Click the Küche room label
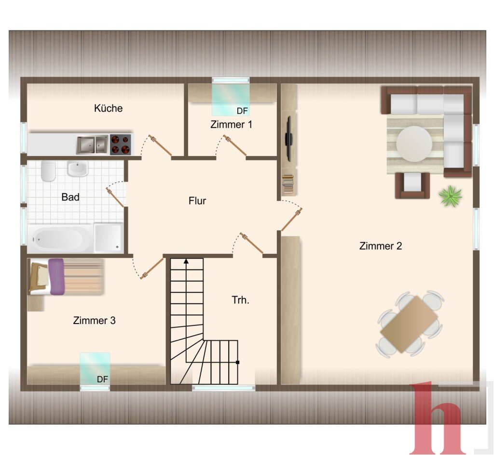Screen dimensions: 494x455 (108, 108)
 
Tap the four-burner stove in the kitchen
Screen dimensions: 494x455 (121, 144)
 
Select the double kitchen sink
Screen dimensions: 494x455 (93, 144)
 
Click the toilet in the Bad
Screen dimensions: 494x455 (48, 171)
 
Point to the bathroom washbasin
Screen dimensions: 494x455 (78, 169)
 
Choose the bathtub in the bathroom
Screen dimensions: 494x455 (59, 239)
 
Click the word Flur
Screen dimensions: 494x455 (197, 201)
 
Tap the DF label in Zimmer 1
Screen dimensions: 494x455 (242, 111)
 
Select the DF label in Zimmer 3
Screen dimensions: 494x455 (102, 379)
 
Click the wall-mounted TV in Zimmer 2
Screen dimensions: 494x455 (288, 139)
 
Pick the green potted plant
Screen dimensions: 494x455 (451, 196)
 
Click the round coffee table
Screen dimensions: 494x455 (414, 144)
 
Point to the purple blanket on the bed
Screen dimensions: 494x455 (57, 277)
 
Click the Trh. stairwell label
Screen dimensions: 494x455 (240, 300)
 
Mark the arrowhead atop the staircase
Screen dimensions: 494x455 (186, 261)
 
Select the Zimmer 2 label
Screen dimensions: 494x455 (381, 246)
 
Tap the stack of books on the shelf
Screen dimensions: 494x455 (288, 184)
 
